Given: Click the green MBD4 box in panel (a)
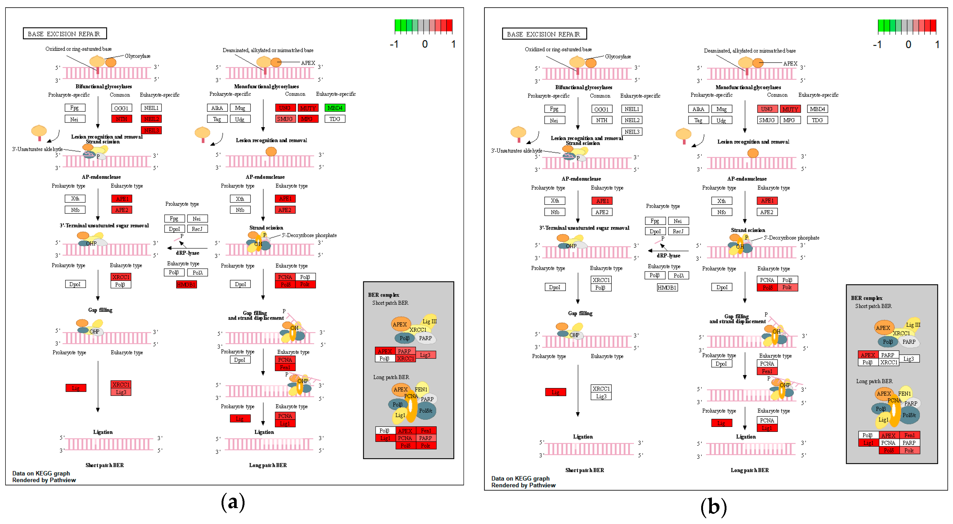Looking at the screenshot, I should (x=335, y=108).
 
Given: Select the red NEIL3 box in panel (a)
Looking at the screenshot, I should (x=151, y=130).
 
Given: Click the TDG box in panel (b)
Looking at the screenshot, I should (x=817, y=120).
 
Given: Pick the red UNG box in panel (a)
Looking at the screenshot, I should (x=285, y=108).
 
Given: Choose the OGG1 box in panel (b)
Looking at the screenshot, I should (x=601, y=109).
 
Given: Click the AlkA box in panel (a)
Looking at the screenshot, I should (x=217, y=108).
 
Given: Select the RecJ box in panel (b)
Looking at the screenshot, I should (x=678, y=231).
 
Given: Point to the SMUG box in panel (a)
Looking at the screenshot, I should (x=285, y=119).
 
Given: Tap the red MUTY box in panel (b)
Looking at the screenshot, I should (x=790, y=109).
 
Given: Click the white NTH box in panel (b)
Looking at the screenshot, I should (x=601, y=120).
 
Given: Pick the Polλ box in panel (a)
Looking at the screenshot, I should (x=197, y=273).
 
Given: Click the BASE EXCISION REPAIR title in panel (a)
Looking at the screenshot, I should (x=64, y=34).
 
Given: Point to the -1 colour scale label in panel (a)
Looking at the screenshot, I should (x=394, y=44).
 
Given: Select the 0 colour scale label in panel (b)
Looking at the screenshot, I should (x=908, y=45).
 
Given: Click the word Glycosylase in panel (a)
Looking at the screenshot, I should (x=137, y=56).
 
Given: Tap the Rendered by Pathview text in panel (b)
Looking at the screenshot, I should (x=523, y=485).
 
